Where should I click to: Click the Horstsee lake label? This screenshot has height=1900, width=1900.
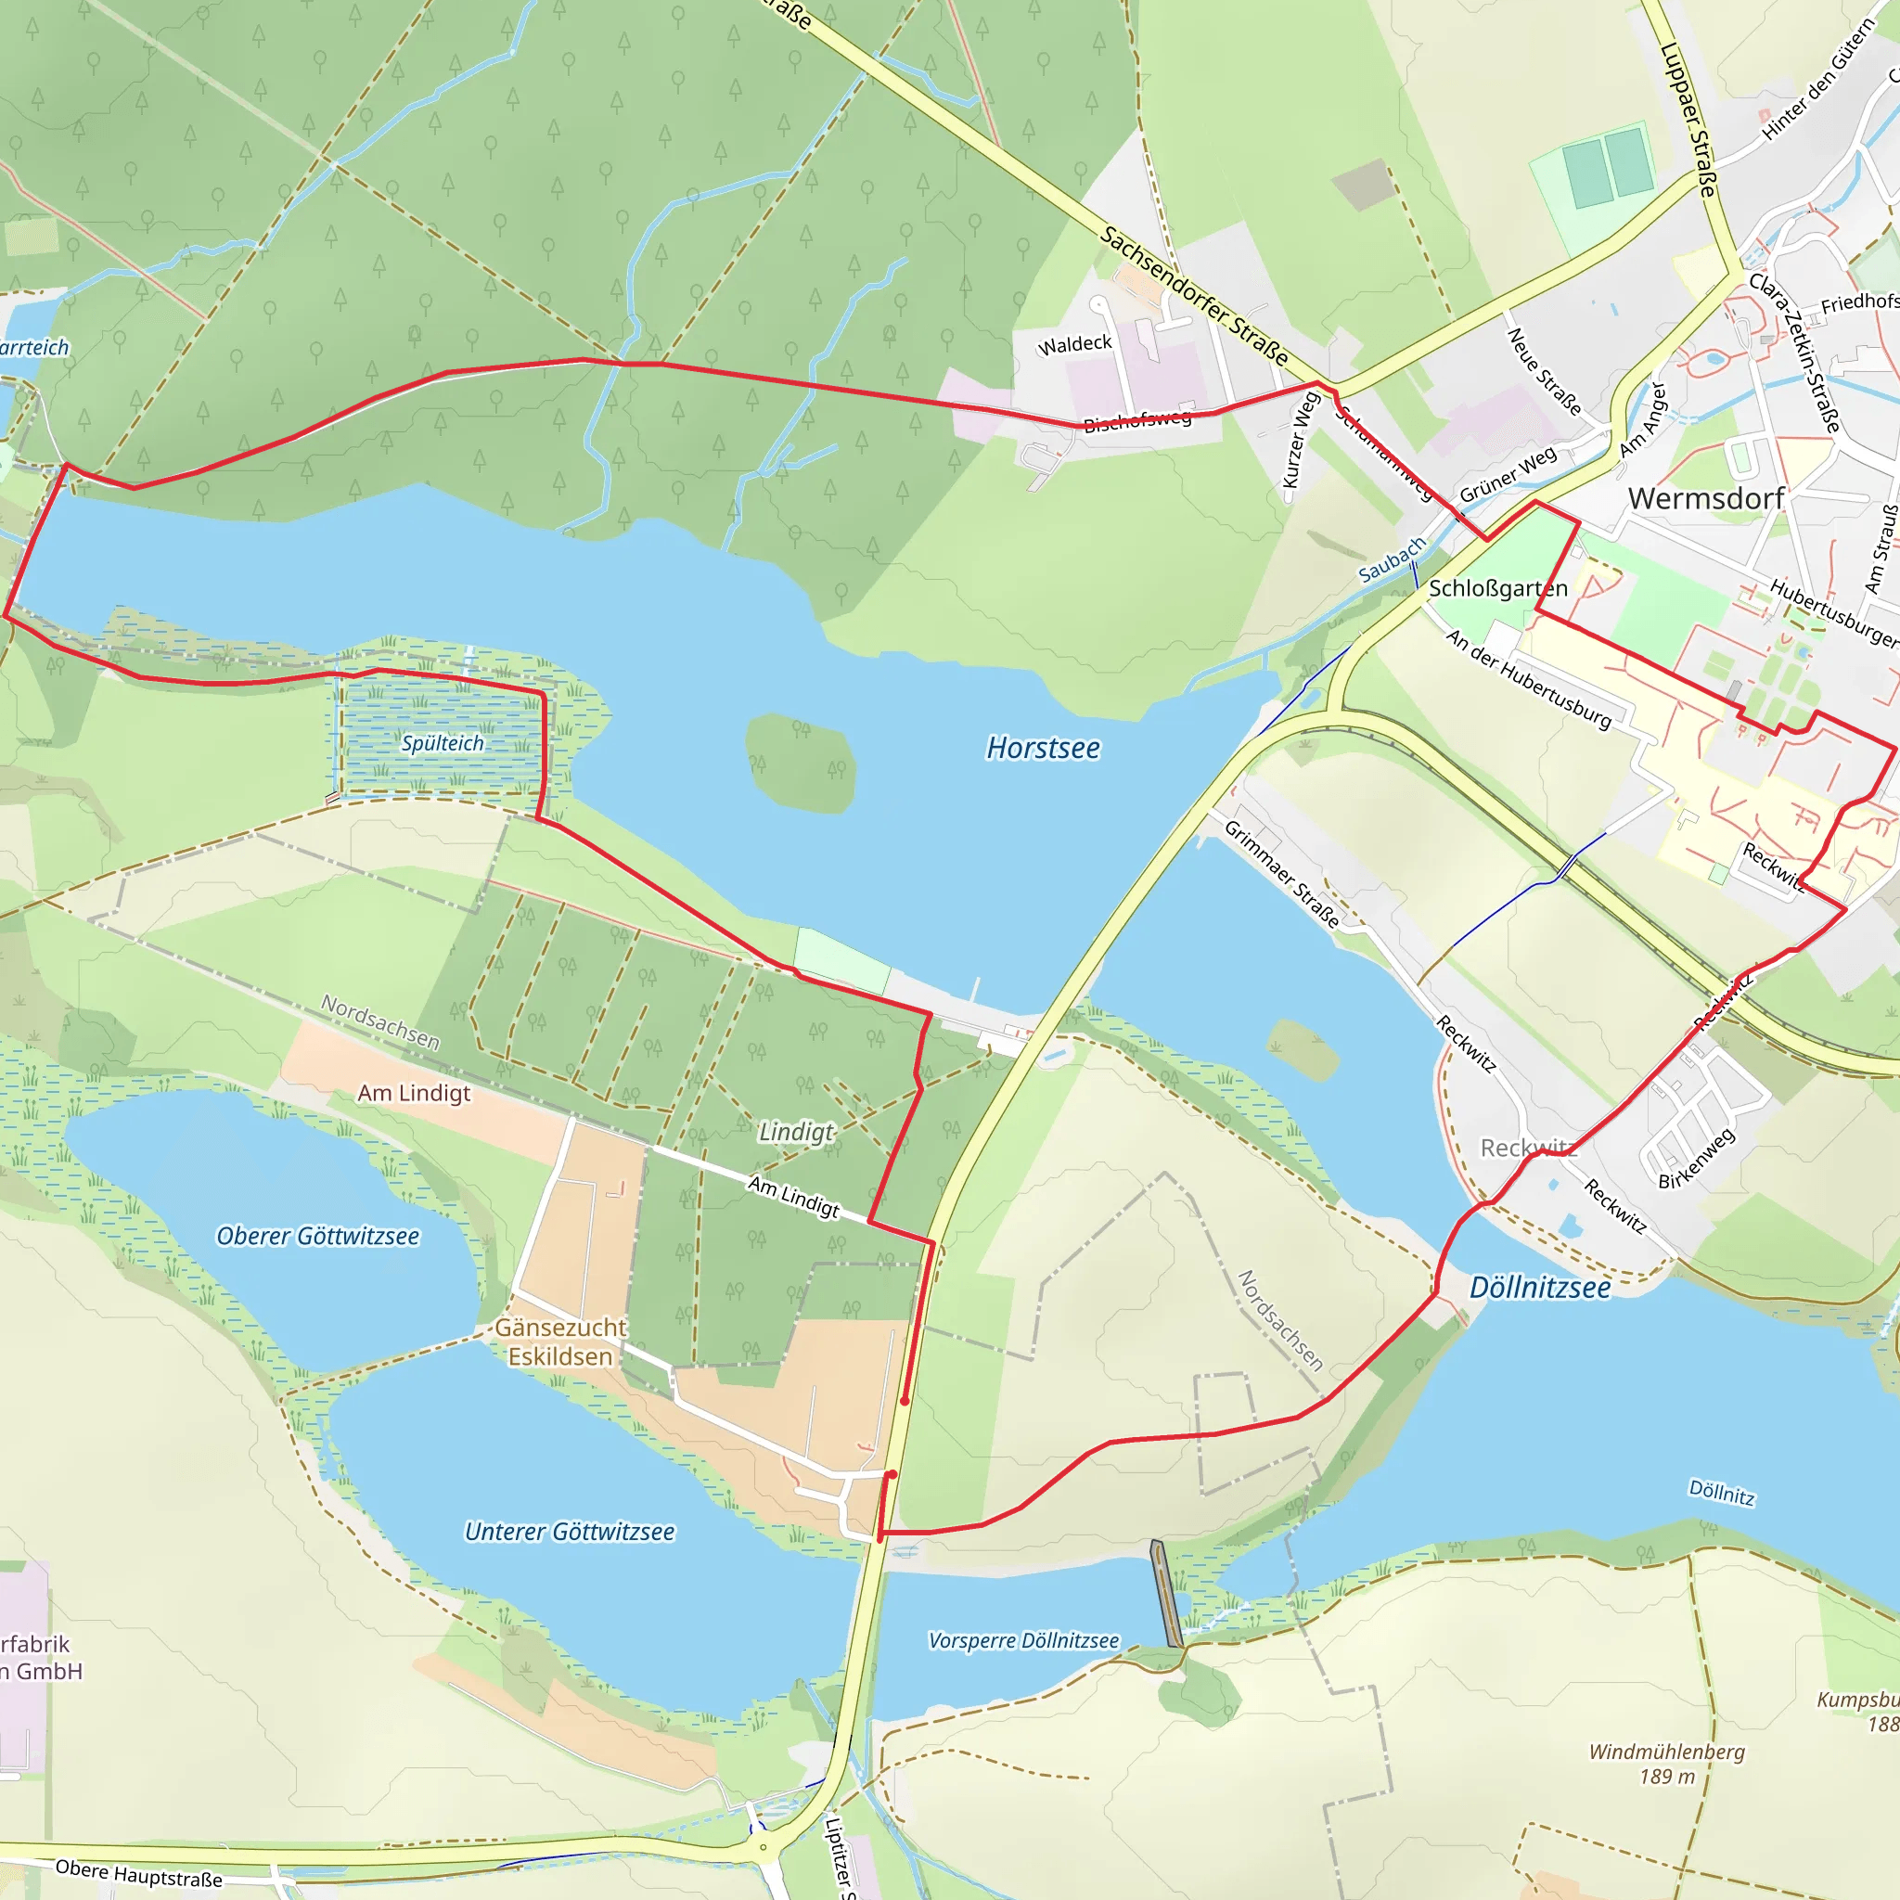click(x=1043, y=749)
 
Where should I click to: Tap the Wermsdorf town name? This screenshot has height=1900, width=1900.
click(x=1706, y=498)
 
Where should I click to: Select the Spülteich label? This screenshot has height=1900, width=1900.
click(x=443, y=743)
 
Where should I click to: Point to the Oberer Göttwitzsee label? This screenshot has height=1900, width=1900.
click(x=317, y=1236)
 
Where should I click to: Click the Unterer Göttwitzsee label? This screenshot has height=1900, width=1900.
click(x=570, y=1531)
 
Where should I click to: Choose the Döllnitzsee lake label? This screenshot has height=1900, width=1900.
click(x=1540, y=1288)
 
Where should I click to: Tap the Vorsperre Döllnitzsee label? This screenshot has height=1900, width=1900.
click(x=1024, y=1640)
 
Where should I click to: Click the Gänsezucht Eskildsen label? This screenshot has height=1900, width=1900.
click(x=559, y=1342)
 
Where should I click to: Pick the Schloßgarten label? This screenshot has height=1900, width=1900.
click(x=1497, y=588)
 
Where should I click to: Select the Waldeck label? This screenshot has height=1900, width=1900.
click(x=1075, y=344)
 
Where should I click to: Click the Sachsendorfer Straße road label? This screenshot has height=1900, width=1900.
click(x=1194, y=295)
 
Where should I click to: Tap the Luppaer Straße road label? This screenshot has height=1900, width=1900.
click(x=1688, y=119)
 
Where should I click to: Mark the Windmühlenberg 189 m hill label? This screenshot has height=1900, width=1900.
click(x=1667, y=1764)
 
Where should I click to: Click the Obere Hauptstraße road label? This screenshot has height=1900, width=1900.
click(x=138, y=1872)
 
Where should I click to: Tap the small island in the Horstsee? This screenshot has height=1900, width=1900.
click(x=801, y=764)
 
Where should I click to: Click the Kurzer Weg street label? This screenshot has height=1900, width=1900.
click(x=1300, y=440)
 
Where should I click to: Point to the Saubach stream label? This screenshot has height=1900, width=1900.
click(x=1392, y=559)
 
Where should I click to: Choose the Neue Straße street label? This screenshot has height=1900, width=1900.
click(x=1544, y=372)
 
